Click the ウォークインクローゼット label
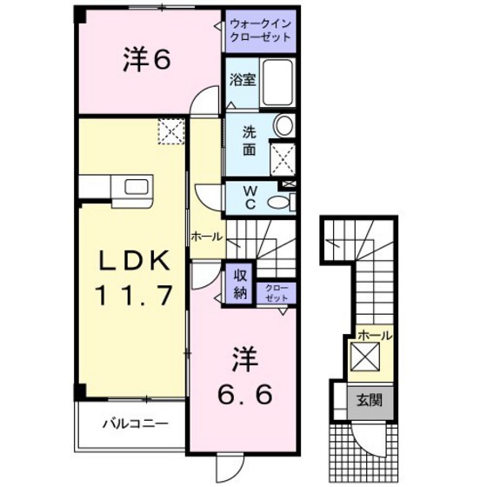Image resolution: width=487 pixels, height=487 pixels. [261, 30]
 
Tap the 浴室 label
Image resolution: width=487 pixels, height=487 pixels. [243, 79]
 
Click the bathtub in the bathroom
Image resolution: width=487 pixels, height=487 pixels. [277, 83]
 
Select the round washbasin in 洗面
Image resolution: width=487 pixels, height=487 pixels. [284, 125]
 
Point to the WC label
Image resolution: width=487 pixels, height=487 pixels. [250, 197]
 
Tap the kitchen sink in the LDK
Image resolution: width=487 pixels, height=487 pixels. [137, 188]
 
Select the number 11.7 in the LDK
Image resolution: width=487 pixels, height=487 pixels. [134, 295]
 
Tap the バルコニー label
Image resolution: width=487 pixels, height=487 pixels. [136, 423]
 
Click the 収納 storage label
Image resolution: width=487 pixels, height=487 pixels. [240, 284]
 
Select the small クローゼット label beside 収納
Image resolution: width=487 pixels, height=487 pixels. [277, 293]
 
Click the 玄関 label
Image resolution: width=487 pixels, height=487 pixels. [369, 400]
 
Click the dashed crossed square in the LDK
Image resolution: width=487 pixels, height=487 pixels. [171, 131]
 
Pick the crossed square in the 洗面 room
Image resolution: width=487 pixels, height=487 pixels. [282, 160]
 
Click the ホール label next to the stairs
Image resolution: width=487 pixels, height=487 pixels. [207, 237]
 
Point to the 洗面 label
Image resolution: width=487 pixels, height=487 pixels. [249, 141]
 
